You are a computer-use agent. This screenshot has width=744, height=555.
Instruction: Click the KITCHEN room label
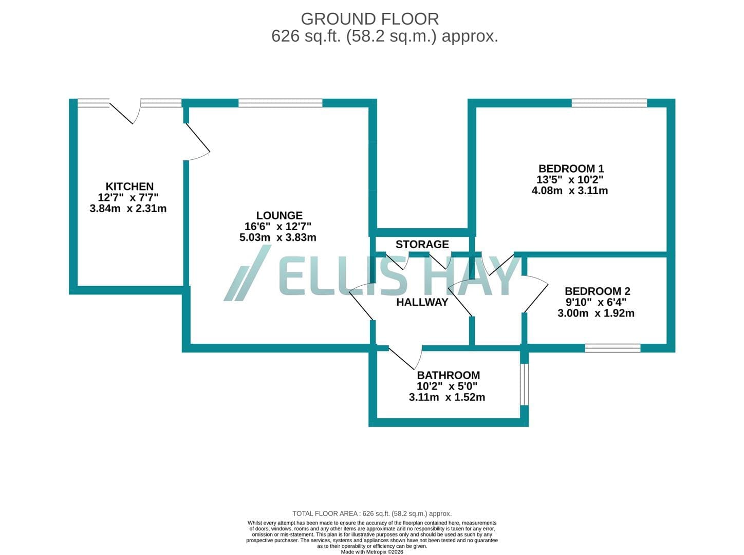click(129, 187)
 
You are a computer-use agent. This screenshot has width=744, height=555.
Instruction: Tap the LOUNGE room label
click(280, 216)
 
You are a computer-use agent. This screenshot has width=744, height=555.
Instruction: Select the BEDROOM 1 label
click(571, 169)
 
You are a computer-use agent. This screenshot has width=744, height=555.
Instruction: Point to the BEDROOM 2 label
click(597, 291)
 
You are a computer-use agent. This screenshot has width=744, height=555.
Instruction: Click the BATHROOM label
click(449, 375)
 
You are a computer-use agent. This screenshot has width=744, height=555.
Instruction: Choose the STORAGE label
click(422, 245)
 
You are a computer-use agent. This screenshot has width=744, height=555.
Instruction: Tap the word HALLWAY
click(422, 302)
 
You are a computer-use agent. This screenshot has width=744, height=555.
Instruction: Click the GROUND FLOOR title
click(370, 19)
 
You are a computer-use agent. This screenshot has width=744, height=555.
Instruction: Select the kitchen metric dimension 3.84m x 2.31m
click(128, 209)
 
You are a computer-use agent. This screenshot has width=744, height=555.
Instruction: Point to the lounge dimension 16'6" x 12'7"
click(278, 227)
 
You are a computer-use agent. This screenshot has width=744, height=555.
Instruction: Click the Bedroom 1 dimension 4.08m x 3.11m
click(570, 191)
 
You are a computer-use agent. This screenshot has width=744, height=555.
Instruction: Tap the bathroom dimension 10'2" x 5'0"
click(447, 386)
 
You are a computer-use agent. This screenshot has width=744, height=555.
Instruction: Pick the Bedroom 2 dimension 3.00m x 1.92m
click(596, 313)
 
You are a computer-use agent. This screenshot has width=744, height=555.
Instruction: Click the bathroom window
click(524, 384)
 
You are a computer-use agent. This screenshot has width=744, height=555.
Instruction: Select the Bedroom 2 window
click(612, 348)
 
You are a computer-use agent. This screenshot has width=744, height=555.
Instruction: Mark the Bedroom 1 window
click(609, 103)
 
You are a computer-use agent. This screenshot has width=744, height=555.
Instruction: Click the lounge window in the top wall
click(281, 103)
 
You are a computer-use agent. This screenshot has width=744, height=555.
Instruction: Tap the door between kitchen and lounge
click(197, 142)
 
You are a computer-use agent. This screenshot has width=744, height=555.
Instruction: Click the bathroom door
click(405, 358)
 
